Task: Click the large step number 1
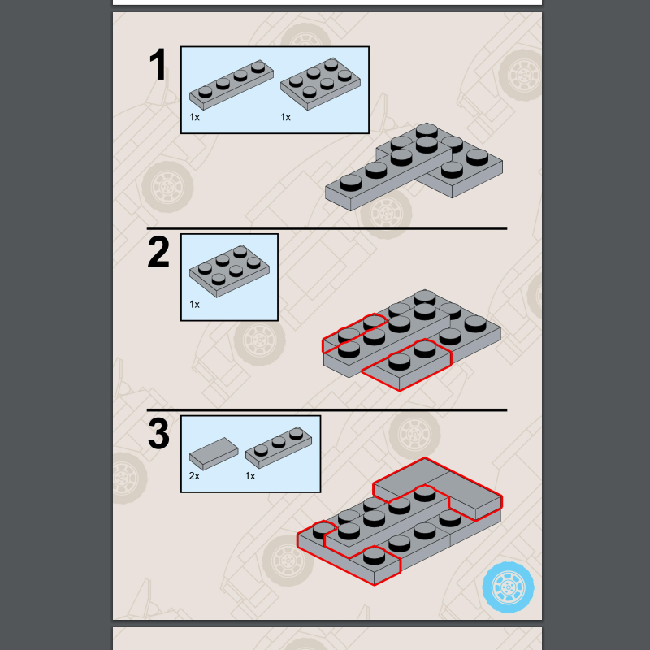(158, 65)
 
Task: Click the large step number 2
(158, 253)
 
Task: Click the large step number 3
(158, 434)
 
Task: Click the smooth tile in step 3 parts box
(214, 452)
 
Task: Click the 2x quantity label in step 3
(194, 476)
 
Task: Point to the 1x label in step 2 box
(194, 305)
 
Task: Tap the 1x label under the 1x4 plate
(194, 117)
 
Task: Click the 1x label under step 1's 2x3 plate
(285, 117)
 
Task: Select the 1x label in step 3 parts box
(250, 476)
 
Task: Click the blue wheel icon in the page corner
(509, 586)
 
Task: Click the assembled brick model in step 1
(414, 167)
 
